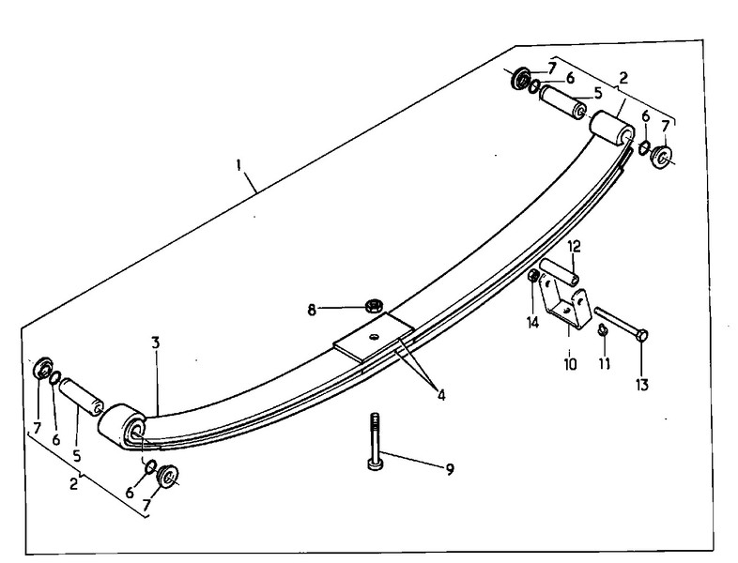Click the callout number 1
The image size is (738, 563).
(x=239, y=165)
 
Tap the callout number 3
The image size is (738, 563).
(x=156, y=342)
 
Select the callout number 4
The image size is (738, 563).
(x=440, y=395)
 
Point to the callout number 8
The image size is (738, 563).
(x=312, y=310)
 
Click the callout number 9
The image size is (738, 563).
(x=450, y=469)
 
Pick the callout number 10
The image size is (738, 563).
(x=570, y=364)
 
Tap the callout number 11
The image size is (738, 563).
(x=605, y=363)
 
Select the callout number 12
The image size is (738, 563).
(x=575, y=246)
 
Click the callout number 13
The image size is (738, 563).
(x=642, y=385)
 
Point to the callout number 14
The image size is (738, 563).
(x=532, y=323)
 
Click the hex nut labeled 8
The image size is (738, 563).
(x=374, y=306)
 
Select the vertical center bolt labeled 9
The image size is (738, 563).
(x=376, y=442)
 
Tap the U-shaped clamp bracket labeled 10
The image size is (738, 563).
(x=565, y=311)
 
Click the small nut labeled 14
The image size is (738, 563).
(x=533, y=276)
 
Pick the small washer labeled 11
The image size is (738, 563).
(x=604, y=330)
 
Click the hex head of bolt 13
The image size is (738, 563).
(x=642, y=335)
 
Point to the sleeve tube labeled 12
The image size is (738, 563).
(x=560, y=271)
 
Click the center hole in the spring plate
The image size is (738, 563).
(x=375, y=336)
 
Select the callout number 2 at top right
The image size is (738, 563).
(x=623, y=78)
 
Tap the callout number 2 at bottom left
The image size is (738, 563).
(x=73, y=483)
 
